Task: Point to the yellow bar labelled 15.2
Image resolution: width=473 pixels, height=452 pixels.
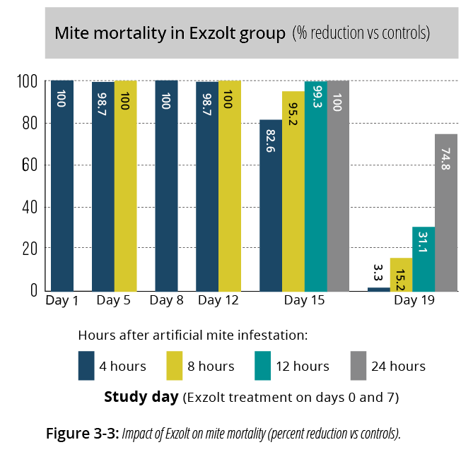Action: (401, 275)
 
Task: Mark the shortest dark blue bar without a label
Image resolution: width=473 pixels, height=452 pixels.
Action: (379, 290)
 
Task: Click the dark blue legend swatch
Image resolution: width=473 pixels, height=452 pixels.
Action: (86, 366)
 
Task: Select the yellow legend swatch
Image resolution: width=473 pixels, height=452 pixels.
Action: (175, 366)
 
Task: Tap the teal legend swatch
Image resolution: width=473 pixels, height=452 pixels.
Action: (263, 366)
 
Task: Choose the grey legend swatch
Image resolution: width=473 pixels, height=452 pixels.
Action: (358, 366)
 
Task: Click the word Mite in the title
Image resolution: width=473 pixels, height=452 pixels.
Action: (69, 33)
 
